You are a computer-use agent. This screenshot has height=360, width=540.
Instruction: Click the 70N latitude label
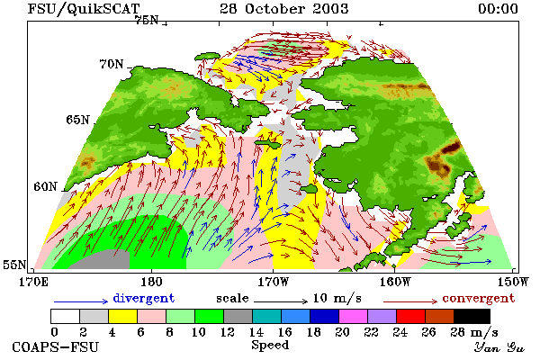tap(112, 64)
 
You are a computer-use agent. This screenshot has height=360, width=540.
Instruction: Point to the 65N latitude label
tap(77, 120)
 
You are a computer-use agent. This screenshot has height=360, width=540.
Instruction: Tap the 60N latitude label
tap(45, 186)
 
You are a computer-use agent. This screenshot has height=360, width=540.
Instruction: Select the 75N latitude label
tap(147, 21)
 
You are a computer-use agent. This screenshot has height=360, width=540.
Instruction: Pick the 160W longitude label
tap(395, 282)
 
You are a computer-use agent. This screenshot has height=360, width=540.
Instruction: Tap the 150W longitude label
tap(513, 282)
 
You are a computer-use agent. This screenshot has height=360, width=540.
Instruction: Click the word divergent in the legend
tap(144, 298)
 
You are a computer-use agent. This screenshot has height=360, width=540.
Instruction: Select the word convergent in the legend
tap(479, 298)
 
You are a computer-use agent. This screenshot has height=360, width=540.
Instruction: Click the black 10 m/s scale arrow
tap(280, 301)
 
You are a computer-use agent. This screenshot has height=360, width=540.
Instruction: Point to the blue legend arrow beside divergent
tap(81, 301)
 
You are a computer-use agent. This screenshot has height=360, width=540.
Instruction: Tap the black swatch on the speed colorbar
tap(472, 316)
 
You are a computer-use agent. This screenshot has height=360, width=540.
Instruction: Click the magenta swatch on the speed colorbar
tap(354, 316)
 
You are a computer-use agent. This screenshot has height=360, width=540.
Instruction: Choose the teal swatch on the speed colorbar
tap(267, 316)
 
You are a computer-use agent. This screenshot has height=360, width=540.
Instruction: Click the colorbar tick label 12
tap(227, 332)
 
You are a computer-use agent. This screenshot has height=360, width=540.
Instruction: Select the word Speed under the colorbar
tap(270, 346)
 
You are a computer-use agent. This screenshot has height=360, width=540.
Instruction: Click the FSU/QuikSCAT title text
tap(84, 9)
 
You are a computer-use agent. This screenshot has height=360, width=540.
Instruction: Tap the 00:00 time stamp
tap(498, 9)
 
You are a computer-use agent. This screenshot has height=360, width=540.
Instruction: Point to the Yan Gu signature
tap(499, 346)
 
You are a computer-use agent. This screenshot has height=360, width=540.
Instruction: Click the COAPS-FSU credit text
tap(56, 346)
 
